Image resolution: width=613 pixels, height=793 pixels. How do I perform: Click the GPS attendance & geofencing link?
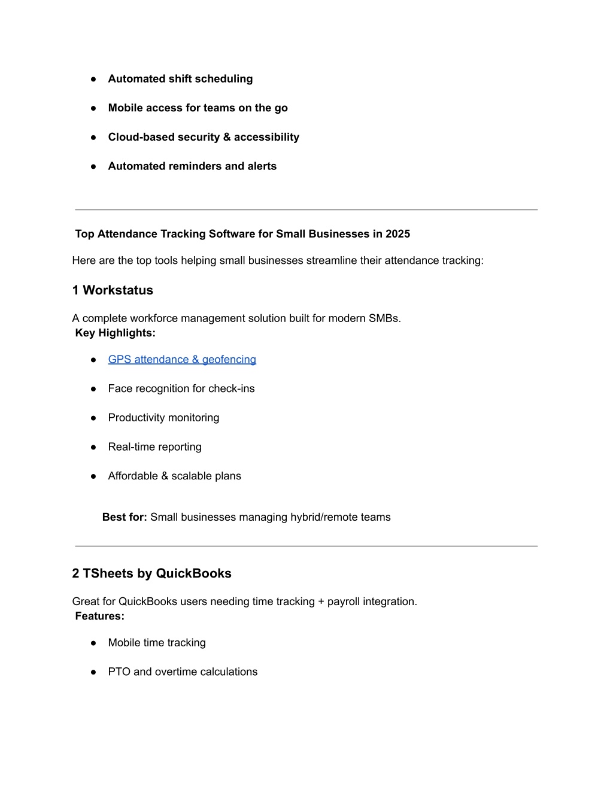[182, 359]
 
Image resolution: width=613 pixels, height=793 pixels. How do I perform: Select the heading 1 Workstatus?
[113, 290]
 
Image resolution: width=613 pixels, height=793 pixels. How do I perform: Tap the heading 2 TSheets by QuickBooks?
[151, 573]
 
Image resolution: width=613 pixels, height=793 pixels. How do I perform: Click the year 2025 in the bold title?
[397, 234]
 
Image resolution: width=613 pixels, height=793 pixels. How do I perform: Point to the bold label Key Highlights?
[116, 333]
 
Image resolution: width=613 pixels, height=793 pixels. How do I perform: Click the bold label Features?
[100, 616]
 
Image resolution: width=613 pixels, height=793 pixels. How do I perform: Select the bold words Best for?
[125, 517]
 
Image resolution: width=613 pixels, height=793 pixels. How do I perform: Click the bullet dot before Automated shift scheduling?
[93, 79]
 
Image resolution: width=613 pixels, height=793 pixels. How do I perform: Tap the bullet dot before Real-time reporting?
[93, 447]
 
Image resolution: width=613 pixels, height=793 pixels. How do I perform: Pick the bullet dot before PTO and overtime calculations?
[93, 672]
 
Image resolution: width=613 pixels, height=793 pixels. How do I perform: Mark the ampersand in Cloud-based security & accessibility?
[227, 137]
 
